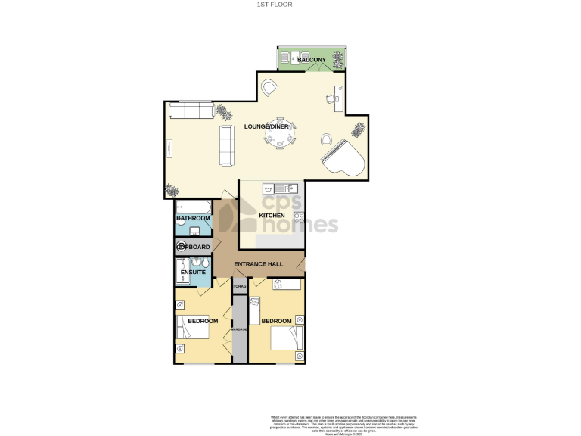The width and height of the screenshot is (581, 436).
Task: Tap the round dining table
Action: click(281, 135)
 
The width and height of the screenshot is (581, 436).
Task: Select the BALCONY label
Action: click(311, 59)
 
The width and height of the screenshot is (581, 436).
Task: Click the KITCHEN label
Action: click(272, 216)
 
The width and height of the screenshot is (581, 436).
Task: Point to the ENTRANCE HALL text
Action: click(259, 264)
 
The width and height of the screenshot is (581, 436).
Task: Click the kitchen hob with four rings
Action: click(298, 219)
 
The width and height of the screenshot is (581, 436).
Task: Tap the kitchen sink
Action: click(288, 188)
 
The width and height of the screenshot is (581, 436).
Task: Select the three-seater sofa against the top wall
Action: click(191, 111)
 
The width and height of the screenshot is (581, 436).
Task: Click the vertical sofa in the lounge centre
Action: click(225, 145)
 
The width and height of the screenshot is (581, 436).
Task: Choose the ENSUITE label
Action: click(193, 272)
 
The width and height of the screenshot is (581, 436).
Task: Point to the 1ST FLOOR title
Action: click(274, 5)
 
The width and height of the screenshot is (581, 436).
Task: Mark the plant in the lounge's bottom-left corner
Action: click(171, 189)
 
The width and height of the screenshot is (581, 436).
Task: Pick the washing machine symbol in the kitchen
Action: click(267, 188)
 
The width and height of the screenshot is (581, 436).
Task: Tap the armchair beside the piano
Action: click(326, 139)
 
